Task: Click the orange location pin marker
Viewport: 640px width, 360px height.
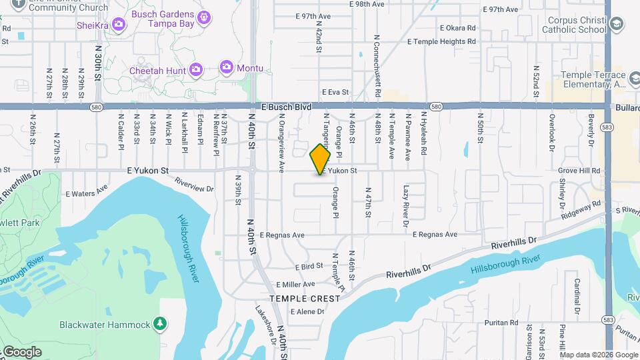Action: (320, 159)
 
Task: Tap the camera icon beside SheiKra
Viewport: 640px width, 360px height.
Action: (119, 25)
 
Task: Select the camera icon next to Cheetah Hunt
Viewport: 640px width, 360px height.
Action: (195, 69)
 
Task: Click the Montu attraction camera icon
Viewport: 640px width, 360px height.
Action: (227, 67)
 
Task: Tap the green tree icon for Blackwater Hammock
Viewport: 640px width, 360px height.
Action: (159, 324)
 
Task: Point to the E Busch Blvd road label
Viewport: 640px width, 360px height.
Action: (286, 107)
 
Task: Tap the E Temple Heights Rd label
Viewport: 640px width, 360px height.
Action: (441, 41)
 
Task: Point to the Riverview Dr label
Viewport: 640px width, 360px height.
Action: (194, 185)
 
